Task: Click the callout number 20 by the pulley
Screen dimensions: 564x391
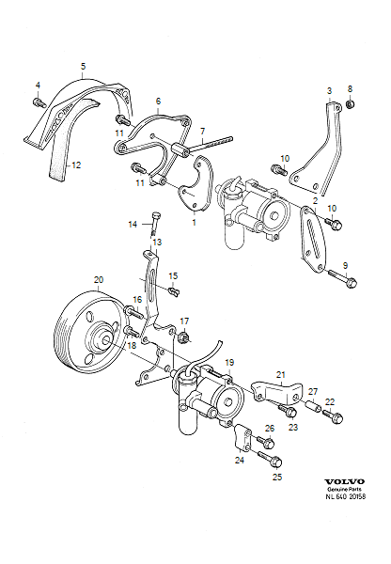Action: pos(98,280)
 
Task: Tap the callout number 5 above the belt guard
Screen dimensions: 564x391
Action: pos(84,67)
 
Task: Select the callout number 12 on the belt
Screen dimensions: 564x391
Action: pos(76,165)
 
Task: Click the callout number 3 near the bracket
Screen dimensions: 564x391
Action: pos(328,90)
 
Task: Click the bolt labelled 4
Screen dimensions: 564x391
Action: pos(38,101)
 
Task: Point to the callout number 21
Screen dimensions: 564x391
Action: pos(279,375)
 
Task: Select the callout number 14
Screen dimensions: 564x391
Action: pos(133,224)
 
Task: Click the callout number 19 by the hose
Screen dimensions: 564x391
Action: pos(229,361)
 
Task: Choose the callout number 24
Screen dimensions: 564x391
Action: pos(238,462)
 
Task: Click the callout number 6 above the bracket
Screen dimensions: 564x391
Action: pos(158,101)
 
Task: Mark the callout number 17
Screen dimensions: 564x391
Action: pos(185,321)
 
